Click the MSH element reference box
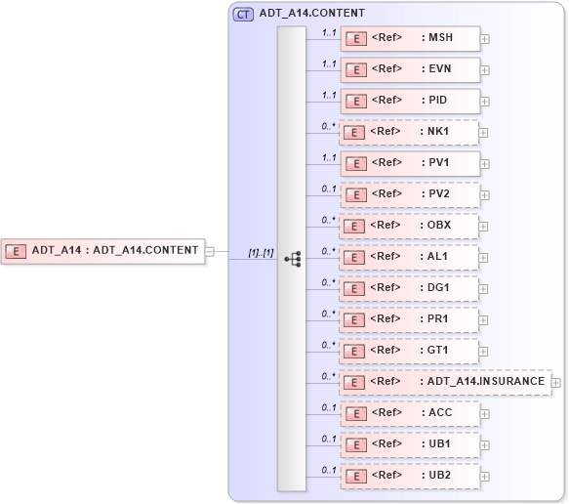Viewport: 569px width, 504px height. point(409,38)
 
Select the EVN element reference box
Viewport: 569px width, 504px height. point(409,69)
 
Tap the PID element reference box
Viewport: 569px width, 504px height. point(409,101)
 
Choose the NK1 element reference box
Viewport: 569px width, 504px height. point(409,132)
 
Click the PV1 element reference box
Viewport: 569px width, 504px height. point(409,163)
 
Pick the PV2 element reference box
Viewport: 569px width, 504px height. point(409,194)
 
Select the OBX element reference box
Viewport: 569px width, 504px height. point(409,226)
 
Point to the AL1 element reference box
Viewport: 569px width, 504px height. point(409,257)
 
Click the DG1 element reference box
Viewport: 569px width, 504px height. point(409,288)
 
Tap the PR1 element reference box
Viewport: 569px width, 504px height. point(409,319)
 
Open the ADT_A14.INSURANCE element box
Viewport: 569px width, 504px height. point(444,382)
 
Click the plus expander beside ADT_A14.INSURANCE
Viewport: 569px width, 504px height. point(556,383)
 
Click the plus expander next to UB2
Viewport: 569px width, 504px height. point(485,477)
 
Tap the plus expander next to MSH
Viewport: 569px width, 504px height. point(485,39)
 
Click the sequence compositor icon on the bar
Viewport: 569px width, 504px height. point(292,258)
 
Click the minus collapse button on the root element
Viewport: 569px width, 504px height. point(209,250)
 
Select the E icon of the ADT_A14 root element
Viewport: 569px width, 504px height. point(17,250)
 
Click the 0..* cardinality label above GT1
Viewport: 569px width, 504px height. point(329,345)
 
